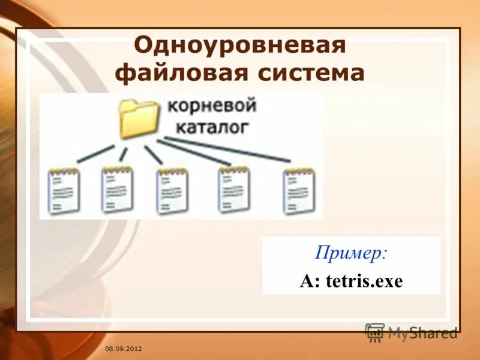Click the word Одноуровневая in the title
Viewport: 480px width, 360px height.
click(x=239, y=46)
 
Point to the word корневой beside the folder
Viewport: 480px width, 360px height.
click(x=212, y=107)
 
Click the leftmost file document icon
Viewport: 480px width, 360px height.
click(x=64, y=191)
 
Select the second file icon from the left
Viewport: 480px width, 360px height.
click(x=117, y=190)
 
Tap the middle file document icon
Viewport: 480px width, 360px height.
click(x=172, y=191)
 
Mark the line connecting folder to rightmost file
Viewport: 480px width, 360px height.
click(x=228, y=149)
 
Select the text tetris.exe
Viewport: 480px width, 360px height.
click(x=364, y=281)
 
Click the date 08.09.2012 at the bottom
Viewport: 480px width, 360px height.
click(x=123, y=349)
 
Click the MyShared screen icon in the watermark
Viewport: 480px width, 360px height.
click(x=375, y=332)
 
